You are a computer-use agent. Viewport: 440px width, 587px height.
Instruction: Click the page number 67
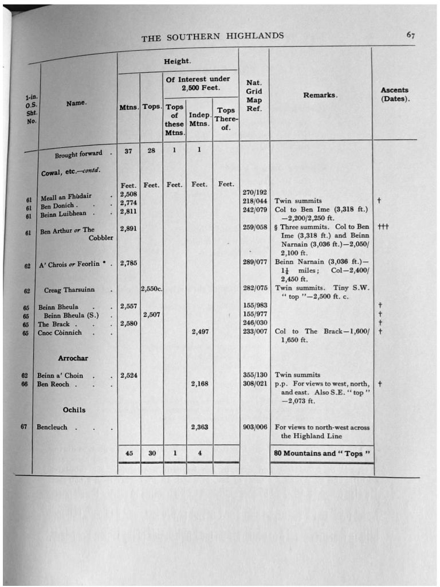click(x=411, y=35)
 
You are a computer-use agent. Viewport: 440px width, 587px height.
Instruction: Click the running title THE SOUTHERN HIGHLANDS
click(x=213, y=37)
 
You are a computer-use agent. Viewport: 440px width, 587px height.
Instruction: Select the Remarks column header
click(x=320, y=95)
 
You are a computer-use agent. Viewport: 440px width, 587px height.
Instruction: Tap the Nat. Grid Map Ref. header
click(x=254, y=96)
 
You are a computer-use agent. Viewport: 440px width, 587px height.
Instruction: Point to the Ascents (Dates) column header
click(x=395, y=95)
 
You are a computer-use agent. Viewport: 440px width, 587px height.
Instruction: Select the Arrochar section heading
click(x=73, y=358)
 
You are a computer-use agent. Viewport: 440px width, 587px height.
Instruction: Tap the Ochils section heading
click(x=74, y=409)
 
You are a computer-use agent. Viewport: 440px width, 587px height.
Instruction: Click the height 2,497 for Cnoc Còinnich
click(x=199, y=332)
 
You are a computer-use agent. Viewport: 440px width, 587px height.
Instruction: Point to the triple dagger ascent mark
click(x=383, y=227)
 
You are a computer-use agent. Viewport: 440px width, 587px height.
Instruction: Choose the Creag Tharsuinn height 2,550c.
click(x=152, y=289)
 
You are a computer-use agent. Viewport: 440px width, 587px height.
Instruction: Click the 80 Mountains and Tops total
click(x=321, y=453)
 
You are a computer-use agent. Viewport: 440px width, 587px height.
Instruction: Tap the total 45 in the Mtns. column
click(x=129, y=453)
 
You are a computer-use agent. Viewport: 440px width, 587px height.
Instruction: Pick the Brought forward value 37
click(x=128, y=151)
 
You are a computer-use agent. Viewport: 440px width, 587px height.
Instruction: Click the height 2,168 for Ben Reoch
click(x=199, y=384)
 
